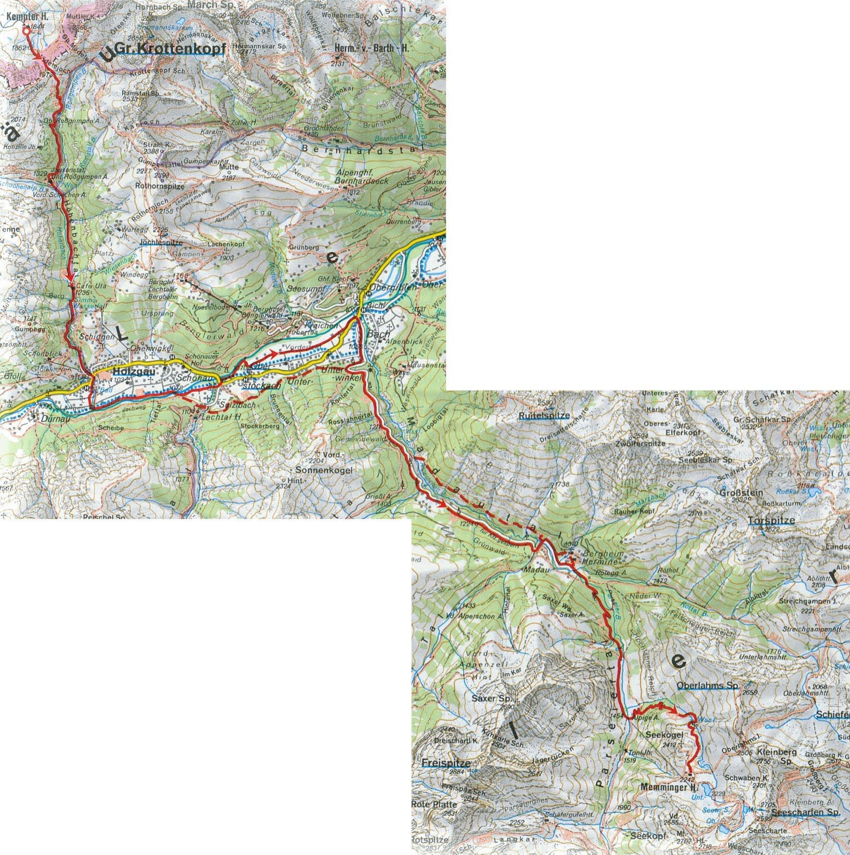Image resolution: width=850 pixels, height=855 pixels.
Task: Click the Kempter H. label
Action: (28, 17)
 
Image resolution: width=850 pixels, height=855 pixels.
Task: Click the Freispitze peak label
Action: (441, 763)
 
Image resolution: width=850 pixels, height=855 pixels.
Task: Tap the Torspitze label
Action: (771, 520)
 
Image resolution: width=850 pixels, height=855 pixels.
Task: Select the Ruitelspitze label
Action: (543, 415)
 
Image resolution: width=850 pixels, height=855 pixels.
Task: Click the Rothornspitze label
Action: (160, 186)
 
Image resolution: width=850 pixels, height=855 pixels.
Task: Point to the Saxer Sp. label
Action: (492, 698)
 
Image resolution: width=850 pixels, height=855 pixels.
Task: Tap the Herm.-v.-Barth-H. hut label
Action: (371, 49)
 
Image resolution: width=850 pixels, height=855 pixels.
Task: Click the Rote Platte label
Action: (434, 804)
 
